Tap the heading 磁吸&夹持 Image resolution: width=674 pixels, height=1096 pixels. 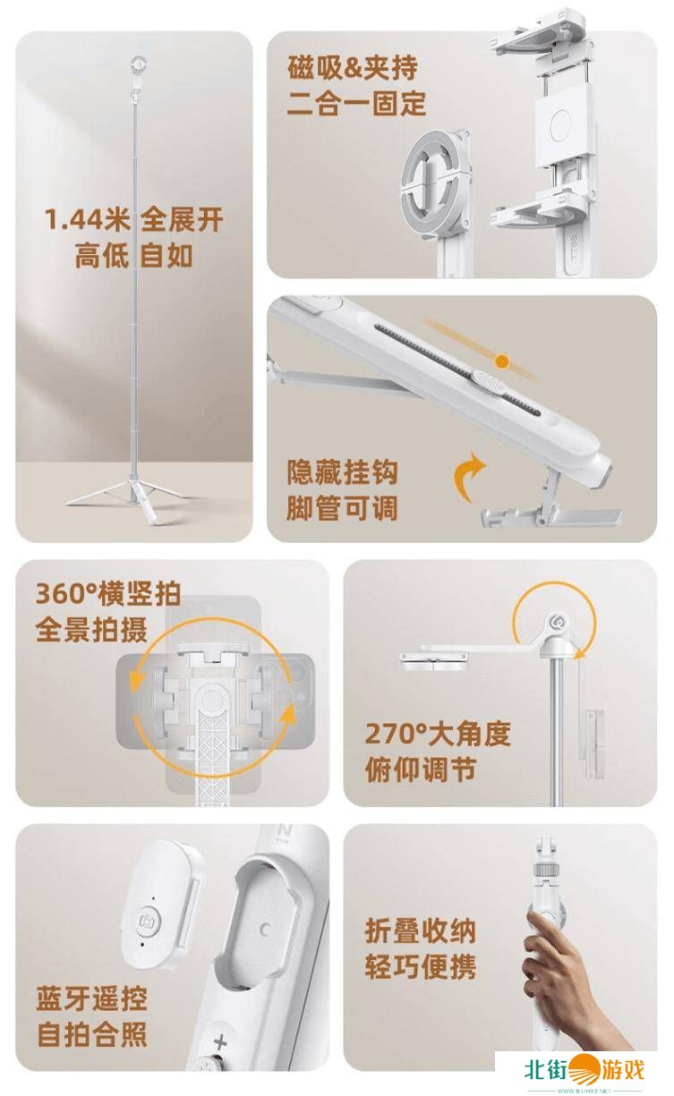(x=353, y=67)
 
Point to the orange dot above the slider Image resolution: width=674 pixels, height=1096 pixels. (x=502, y=361)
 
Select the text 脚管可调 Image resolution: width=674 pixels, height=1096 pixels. (x=342, y=508)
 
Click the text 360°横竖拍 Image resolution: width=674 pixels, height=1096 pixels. (x=108, y=593)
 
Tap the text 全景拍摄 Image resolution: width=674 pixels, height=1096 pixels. (x=91, y=629)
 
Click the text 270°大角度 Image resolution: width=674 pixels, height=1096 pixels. (x=438, y=733)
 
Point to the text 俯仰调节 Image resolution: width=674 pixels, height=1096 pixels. (x=421, y=769)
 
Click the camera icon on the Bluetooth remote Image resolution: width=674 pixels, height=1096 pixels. (x=147, y=922)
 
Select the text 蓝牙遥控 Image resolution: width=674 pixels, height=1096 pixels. (x=91, y=998)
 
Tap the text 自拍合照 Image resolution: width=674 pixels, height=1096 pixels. (x=92, y=1034)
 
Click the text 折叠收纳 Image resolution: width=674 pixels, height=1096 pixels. (x=421, y=930)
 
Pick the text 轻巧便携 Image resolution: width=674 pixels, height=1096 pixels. (x=421, y=966)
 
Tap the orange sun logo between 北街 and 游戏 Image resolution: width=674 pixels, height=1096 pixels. (x=584, y=1069)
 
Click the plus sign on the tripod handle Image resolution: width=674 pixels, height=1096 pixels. (x=220, y=1043)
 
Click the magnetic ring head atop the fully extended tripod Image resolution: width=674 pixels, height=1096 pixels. (x=139, y=64)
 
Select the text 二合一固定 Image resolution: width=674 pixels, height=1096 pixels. (x=356, y=103)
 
